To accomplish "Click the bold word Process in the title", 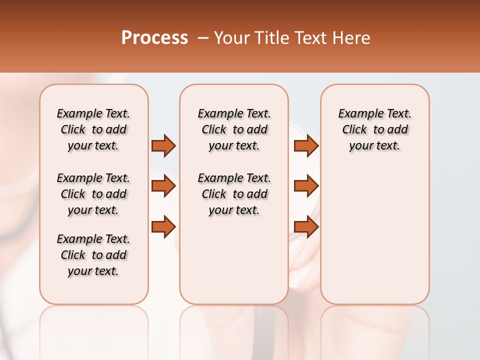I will (x=154, y=38).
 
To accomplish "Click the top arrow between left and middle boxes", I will (x=163, y=145).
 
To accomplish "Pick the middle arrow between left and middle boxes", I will (x=163, y=186).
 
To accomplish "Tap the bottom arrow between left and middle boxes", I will (x=163, y=227).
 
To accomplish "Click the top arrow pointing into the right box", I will (x=306, y=145).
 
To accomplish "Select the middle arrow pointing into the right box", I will (x=306, y=186).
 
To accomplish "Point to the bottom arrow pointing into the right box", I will (x=306, y=227).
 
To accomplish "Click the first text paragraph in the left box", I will (x=93, y=129).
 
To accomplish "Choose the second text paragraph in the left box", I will (x=93, y=194).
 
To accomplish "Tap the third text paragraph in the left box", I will (x=93, y=255).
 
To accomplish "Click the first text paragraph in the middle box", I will (x=234, y=129).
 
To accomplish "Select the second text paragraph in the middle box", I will (x=234, y=194).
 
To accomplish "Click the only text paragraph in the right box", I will (x=374, y=129).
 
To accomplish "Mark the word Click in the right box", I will (x=354, y=130).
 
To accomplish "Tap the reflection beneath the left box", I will (x=94, y=330).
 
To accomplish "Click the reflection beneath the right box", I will (x=374, y=330).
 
